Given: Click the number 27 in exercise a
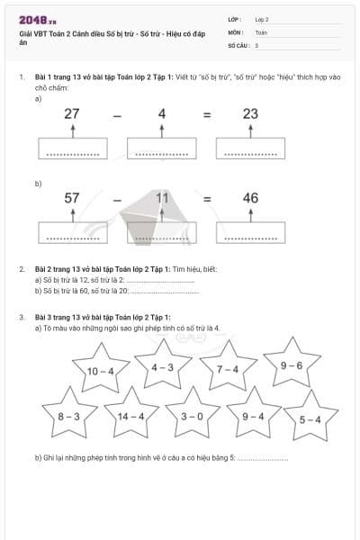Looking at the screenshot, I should click(72, 113).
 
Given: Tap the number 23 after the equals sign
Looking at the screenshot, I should click(250, 113).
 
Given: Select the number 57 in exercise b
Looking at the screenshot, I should click(72, 198).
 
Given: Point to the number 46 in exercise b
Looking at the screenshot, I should click(250, 198).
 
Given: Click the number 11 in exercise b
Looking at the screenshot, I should click(162, 198).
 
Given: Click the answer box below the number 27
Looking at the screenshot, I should click(72, 149).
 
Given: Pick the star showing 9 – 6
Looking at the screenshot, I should click(292, 365).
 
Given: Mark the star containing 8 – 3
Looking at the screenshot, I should click(69, 417).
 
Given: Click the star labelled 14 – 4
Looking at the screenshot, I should click(130, 417).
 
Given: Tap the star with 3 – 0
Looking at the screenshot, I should click(192, 417).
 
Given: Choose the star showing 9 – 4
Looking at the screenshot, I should click(253, 417).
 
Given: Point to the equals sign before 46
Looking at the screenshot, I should click(206, 199).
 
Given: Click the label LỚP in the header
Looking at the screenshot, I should click(235, 18).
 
